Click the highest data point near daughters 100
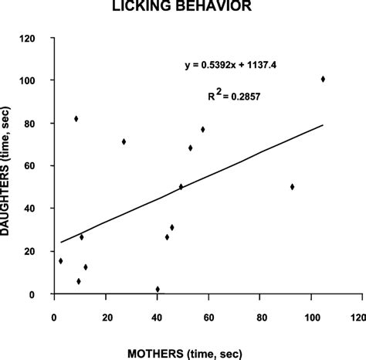(323, 79)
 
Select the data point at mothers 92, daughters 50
(292, 186)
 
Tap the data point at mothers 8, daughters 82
(76, 118)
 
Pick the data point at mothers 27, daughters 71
(124, 141)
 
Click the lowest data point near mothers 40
(158, 289)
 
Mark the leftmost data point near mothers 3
(61, 261)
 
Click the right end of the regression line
(323, 124)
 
